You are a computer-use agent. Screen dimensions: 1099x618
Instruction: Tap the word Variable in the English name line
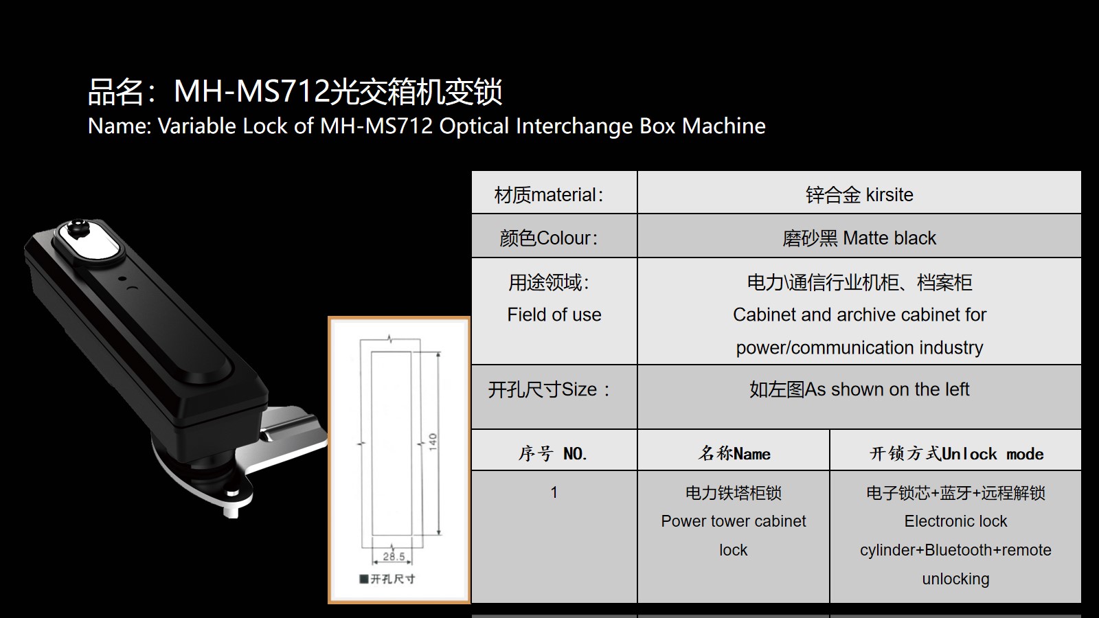[x=197, y=126]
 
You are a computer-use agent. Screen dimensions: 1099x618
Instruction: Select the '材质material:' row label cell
[x=554, y=192]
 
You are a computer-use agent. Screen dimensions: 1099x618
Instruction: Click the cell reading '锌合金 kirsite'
[x=859, y=192]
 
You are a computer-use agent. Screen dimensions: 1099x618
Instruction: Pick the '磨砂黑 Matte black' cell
[x=859, y=236]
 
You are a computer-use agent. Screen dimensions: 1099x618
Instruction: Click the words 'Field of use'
[x=554, y=315]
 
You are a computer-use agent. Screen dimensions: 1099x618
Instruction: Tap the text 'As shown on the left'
[x=887, y=389]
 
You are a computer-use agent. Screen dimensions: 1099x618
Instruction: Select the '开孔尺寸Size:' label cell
[x=554, y=397]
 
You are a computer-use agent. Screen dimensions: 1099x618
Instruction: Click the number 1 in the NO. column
[x=554, y=492]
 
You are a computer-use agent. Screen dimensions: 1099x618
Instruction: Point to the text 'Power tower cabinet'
[x=734, y=521]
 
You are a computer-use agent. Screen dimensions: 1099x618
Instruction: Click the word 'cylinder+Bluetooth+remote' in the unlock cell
[x=955, y=550]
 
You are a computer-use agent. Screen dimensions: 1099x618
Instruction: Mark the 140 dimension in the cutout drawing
[x=432, y=443]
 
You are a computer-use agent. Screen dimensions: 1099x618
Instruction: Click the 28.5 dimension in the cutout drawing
[x=394, y=557]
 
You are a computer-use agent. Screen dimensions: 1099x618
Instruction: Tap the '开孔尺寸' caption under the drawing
[x=392, y=580]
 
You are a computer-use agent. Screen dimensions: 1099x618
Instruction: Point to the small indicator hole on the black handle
[x=122, y=279]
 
